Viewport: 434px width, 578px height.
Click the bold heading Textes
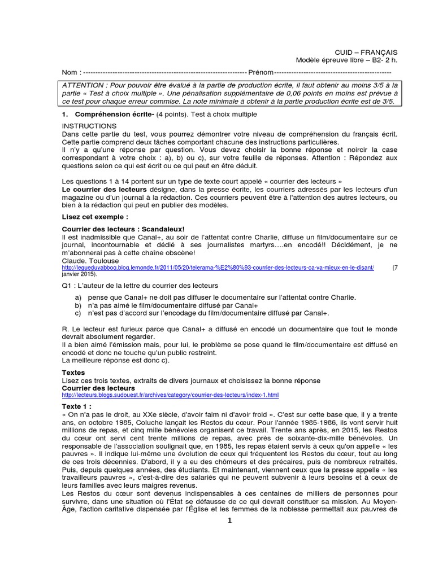coord(73,373)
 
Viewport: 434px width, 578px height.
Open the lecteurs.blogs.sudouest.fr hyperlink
coord(170,395)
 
